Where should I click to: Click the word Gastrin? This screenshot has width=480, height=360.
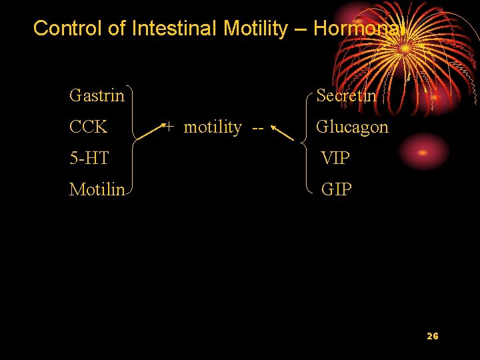[97, 96]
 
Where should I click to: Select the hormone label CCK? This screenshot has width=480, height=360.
[88, 127]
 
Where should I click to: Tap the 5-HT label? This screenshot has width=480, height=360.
[89, 159]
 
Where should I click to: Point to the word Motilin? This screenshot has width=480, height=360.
[97, 190]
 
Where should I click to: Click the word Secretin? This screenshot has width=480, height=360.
[346, 96]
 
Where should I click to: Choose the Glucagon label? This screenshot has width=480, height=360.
[352, 127]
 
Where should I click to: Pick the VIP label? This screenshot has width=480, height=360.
[335, 159]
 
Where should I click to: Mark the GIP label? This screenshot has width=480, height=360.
[336, 190]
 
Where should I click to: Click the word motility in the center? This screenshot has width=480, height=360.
[213, 127]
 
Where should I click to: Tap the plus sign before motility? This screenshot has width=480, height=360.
[170, 126]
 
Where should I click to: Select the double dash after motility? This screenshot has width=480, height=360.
[257, 127]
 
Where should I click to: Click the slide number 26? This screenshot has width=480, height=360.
[432, 336]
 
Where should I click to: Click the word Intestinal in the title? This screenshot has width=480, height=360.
[175, 28]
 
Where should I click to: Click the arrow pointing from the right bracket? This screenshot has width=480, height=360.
[283, 133]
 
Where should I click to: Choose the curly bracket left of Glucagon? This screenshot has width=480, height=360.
[305, 142]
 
